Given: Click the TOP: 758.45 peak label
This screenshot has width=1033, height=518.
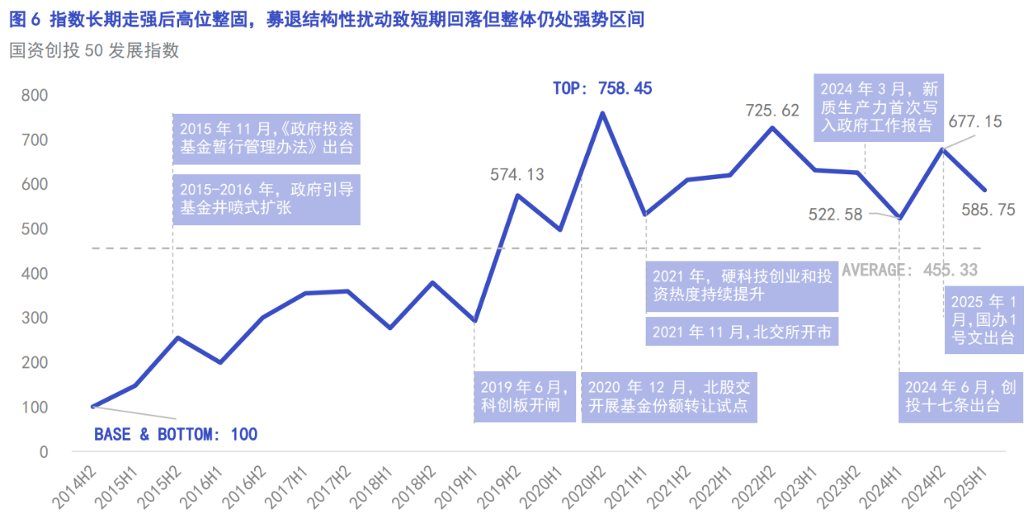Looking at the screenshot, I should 602,89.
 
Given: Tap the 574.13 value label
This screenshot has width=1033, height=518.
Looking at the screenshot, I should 517,173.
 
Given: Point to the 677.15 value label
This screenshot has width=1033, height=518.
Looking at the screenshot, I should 975,122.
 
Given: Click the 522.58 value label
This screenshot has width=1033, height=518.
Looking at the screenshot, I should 835,215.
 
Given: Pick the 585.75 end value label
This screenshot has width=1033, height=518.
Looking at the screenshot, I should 988,210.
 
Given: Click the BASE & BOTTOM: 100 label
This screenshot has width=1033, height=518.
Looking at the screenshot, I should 176,435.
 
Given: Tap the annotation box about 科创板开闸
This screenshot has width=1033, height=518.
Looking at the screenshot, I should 525,395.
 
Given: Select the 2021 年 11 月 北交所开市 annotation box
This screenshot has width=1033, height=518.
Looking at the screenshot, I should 742,332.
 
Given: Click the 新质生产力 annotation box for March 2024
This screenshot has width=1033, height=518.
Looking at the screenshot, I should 880,107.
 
